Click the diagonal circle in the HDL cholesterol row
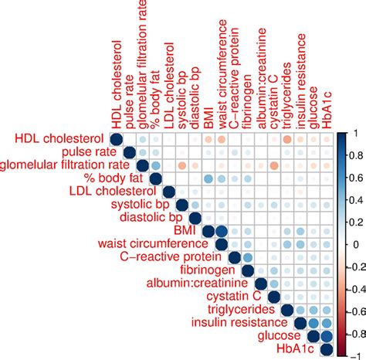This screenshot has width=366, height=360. tap(117, 140)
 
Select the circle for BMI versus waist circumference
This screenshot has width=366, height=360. tap(222, 231)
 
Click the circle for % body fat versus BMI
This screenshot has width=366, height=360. tap(208, 179)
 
